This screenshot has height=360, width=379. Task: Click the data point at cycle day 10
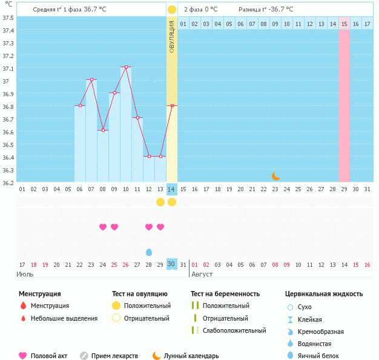pyautogui.click(x=126, y=67)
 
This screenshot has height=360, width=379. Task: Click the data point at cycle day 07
pyautogui.click(x=91, y=80)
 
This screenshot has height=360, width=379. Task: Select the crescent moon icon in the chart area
pyautogui.click(x=276, y=176)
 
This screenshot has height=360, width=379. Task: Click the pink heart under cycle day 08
pyautogui.click(x=103, y=227)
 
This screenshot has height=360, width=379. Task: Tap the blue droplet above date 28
pyautogui.click(x=149, y=252)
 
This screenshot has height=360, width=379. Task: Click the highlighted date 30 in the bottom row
pyautogui.click(x=171, y=264)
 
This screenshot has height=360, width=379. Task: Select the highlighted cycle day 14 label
pyautogui.click(x=171, y=189)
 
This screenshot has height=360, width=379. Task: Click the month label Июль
pyautogui.click(x=25, y=275)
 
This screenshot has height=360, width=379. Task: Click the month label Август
pyautogui.click(x=202, y=275)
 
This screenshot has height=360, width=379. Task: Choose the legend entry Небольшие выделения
pyautogui.click(x=64, y=318)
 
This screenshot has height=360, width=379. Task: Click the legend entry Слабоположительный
pyautogui.click(x=234, y=330)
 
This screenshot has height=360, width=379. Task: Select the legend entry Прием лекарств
pyautogui.click(x=114, y=356)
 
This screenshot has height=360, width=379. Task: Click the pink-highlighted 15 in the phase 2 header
pyautogui.click(x=344, y=24)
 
